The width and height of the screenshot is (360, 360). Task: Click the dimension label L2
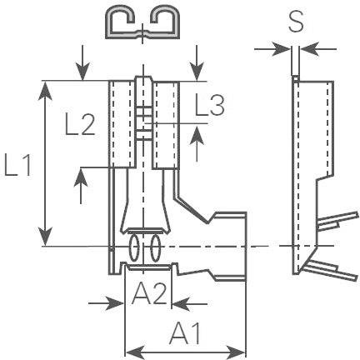[81, 127]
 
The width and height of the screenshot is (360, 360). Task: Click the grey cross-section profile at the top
[144, 25]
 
